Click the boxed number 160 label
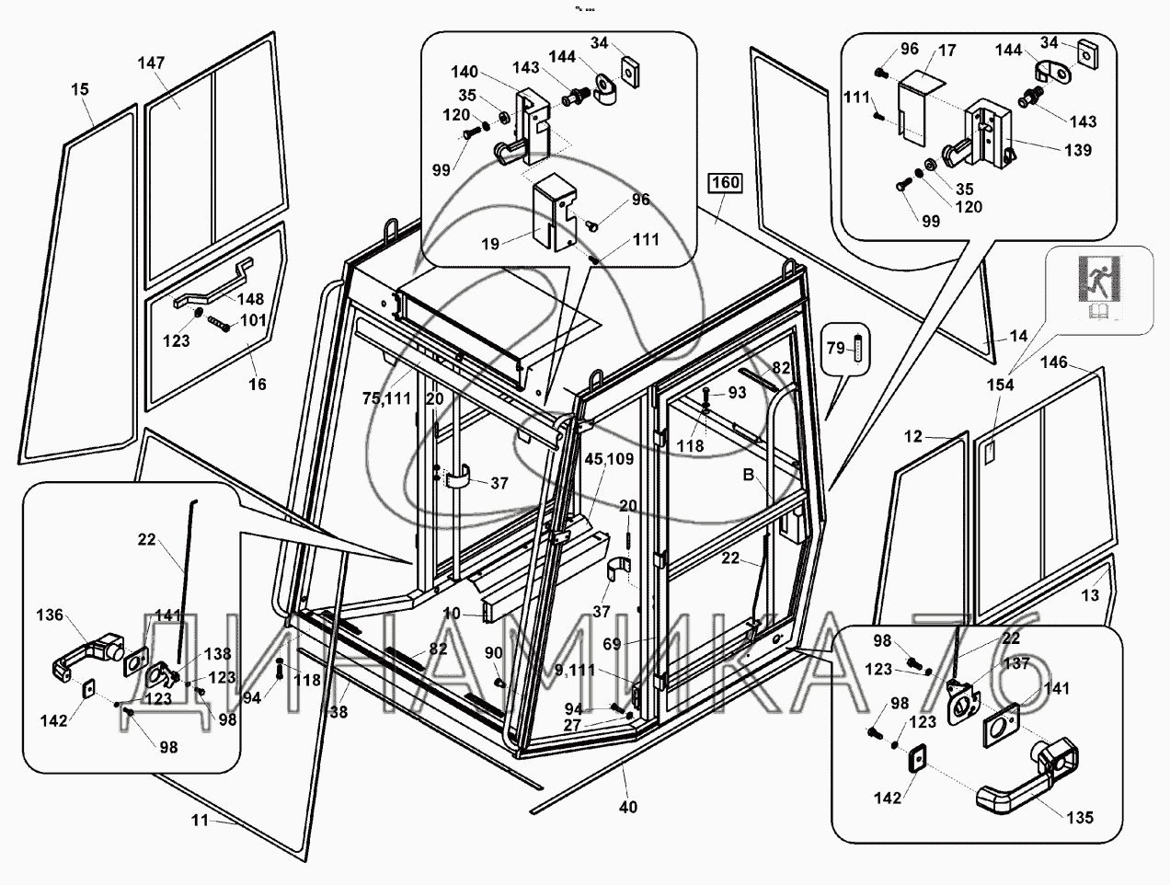click(x=725, y=183)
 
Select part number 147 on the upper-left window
click(x=152, y=63)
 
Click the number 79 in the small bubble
click(x=835, y=348)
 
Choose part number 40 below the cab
click(x=628, y=807)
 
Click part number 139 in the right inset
click(x=1078, y=150)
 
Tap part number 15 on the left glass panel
click(x=80, y=89)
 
